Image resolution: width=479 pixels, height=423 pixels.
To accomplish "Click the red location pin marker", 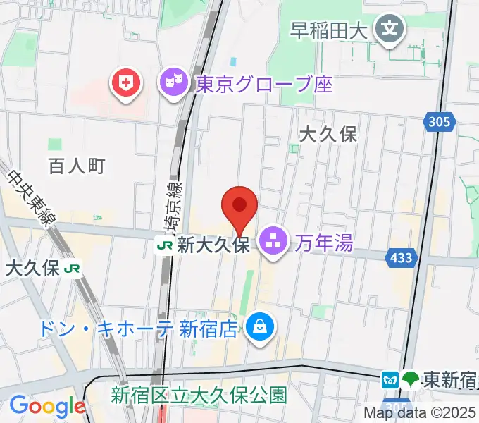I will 240,206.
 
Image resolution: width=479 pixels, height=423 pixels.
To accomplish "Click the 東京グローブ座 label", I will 262,85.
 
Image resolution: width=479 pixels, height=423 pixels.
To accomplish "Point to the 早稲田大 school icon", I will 388,29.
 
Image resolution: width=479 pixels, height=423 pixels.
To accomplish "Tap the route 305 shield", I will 437,123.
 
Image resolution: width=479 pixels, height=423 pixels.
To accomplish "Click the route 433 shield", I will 399,259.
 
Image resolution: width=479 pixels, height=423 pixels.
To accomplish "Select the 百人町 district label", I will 77,166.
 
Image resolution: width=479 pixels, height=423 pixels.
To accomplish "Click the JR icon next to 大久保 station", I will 72,268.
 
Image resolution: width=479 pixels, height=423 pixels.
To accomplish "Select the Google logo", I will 46,407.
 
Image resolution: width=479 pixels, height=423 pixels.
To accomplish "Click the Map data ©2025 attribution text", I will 421,412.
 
